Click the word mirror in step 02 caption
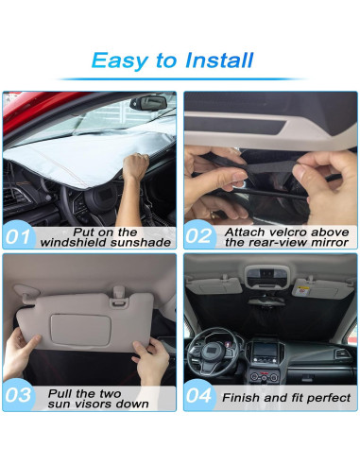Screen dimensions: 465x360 326,243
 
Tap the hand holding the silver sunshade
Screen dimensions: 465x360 137,167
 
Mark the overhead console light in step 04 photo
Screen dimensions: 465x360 270,275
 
